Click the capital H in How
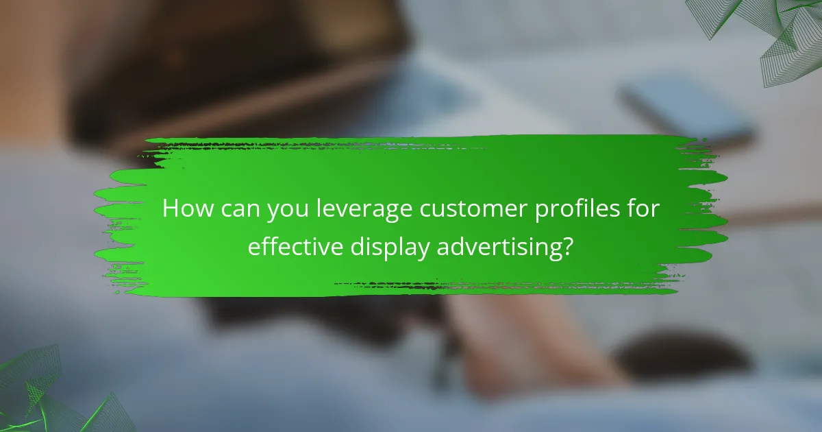coord(169,209)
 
